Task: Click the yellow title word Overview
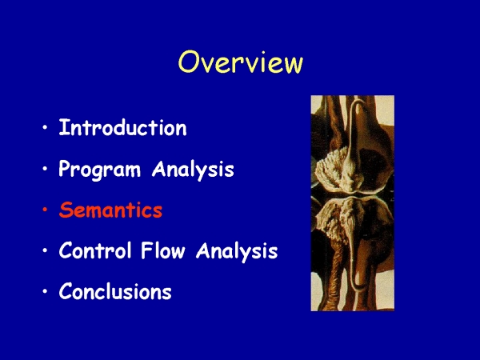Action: pyautogui.click(x=241, y=62)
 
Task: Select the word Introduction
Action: pyautogui.click(x=122, y=128)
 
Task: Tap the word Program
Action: pyautogui.click(x=99, y=170)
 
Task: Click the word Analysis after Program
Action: pyautogui.click(x=193, y=170)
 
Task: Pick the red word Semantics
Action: pyautogui.click(x=110, y=210)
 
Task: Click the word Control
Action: pyautogui.click(x=95, y=250)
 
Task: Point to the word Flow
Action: pyautogui.click(x=163, y=250)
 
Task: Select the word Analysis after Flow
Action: pyautogui.click(x=237, y=251)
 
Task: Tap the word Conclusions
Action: pyautogui.click(x=115, y=291)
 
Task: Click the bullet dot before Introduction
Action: pyautogui.click(x=46, y=128)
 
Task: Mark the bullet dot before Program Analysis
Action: pyautogui.click(x=46, y=169)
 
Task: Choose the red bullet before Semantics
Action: pyautogui.click(x=46, y=210)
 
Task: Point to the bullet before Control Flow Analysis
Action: pyautogui.click(x=46, y=250)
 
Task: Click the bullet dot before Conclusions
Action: pyautogui.click(x=46, y=291)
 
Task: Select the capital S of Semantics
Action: pyautogui.click(x=66, y=210)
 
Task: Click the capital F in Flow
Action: pyautogui.click(x=146, y=250)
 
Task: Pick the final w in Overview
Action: pyautogui.click(x=291, y=65)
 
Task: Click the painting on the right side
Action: pyautogui.click(x=353, y=203)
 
